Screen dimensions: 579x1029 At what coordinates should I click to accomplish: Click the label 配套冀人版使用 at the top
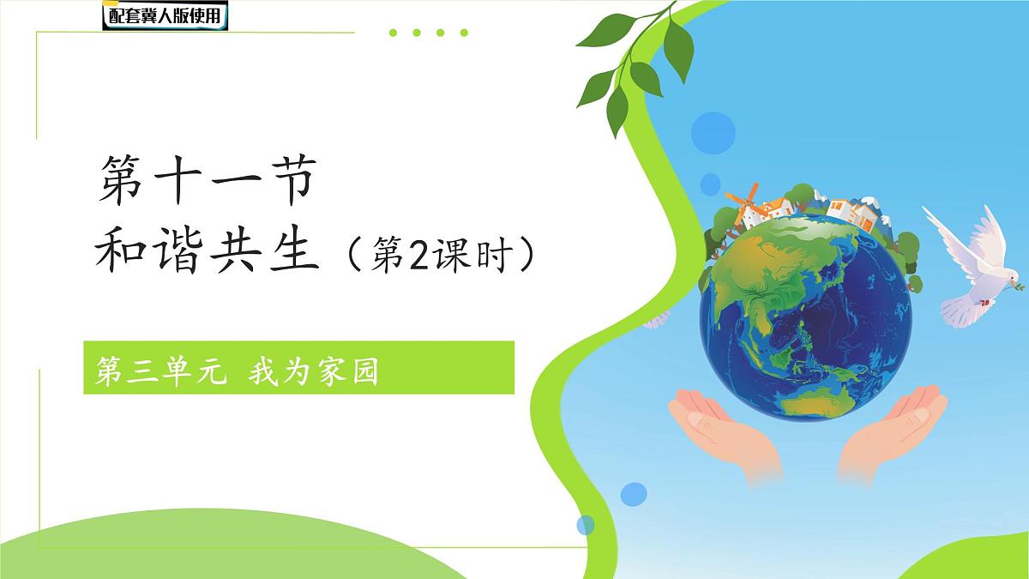tap(165, 15)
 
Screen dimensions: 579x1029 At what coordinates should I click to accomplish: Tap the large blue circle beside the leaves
tap(713, 133)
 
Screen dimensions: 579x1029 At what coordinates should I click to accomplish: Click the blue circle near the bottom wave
tap(634, 493)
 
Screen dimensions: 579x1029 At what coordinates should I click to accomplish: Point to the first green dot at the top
tap(394, 33)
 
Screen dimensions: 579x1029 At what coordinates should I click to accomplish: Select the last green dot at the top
tap(464, 33)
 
